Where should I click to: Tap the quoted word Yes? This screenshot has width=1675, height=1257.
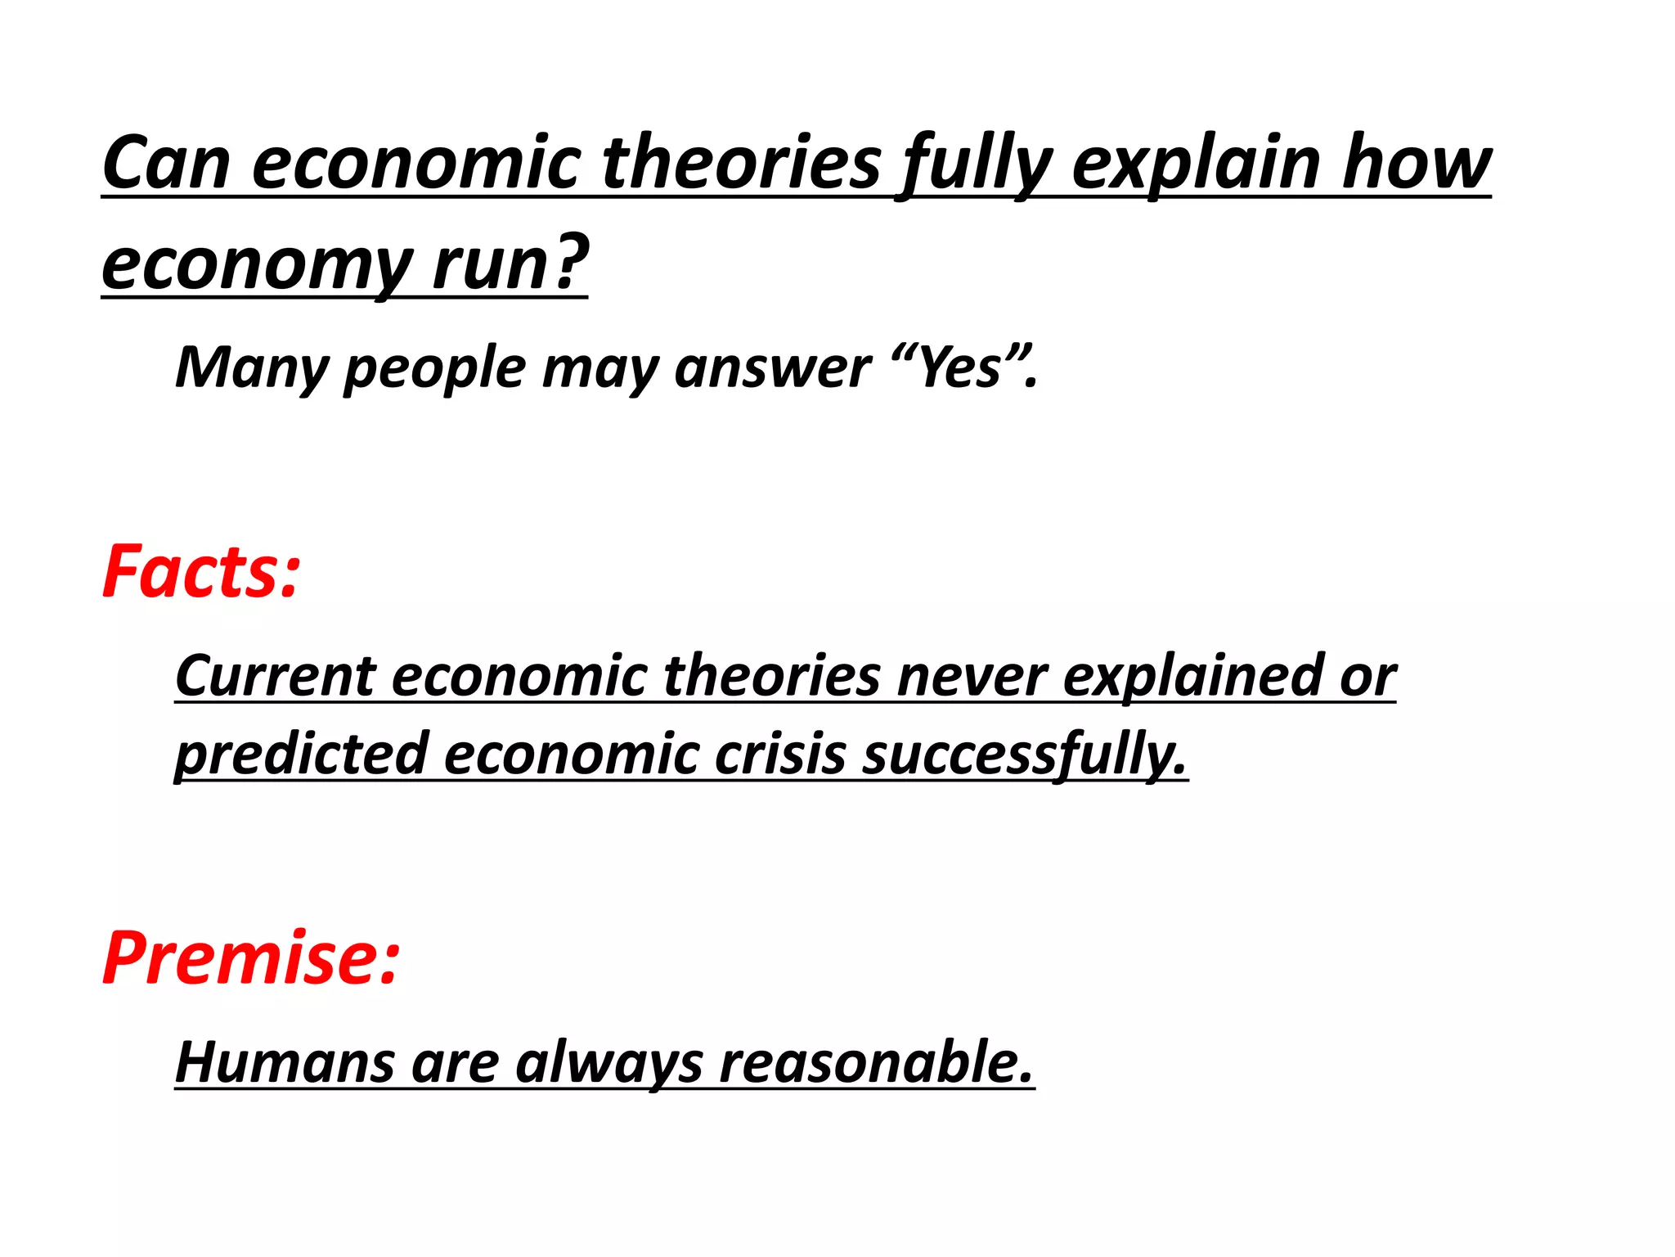click(x=960, y=368)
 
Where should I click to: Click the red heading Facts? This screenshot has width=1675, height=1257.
click(x=201, y=572)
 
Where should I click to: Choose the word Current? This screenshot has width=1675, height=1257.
click(x=275, y=677)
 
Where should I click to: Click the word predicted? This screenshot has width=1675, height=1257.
click(x=302, y=754)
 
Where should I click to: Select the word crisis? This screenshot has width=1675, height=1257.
click(x=780, y=754)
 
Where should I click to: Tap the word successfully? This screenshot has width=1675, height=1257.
click(x=1023, y=754)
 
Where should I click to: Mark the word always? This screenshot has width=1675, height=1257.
click(x=608, y=1063)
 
